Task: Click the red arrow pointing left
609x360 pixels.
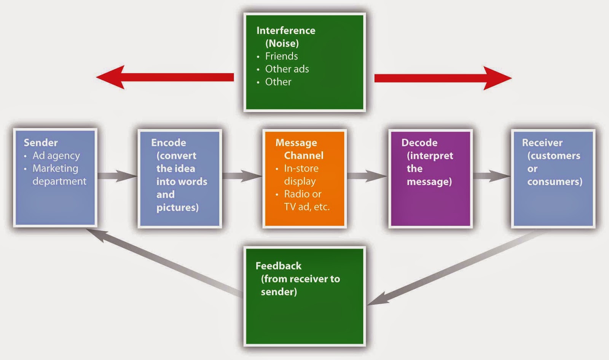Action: [164, 77]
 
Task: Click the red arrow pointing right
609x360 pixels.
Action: [442, 78]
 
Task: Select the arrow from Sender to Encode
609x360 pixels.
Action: [117, 176]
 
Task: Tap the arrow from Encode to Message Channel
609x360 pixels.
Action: [242, 176]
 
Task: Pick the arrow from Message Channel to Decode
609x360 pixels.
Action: [367, 176]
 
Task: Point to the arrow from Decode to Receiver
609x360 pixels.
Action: [491, 176]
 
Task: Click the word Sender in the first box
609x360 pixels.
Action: [41, 143]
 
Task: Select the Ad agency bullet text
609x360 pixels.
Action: [56, 156]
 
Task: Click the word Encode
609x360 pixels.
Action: [168, 143]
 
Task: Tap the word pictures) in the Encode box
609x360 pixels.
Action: [177, 207]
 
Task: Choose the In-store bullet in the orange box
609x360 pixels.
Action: [301, 169]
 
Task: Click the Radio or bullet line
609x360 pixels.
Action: [303, 194]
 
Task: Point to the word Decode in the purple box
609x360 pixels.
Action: [419, 143]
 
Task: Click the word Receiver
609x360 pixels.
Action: [542, 143]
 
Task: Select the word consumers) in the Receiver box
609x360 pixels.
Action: [555, 182]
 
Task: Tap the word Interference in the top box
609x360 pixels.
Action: [285, 30]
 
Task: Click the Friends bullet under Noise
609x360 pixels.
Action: [281, 56]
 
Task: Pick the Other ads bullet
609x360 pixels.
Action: [287, 69]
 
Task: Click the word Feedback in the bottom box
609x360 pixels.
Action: [278, 266]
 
